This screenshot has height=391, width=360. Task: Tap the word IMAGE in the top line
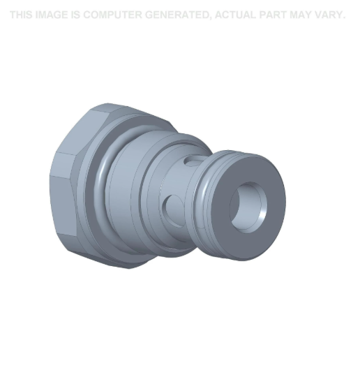click(x=53, y=15)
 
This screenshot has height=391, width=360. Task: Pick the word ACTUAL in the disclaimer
click(x=234, y=15)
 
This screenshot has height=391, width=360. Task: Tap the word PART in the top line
click(x=277, y=15)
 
